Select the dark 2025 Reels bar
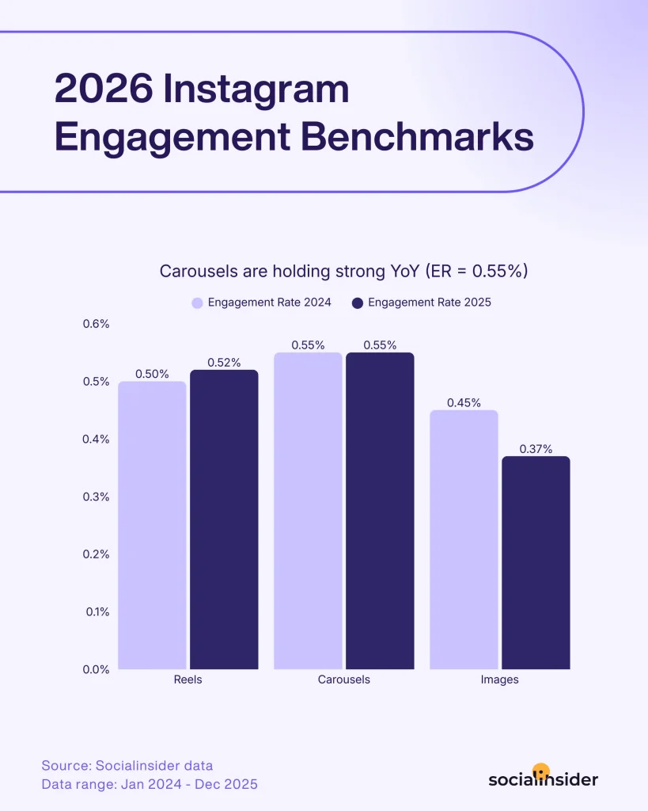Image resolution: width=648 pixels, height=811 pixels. coord(224,520)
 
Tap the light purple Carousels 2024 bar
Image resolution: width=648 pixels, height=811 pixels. coord(308,511)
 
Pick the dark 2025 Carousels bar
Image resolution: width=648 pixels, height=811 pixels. coord(380,511)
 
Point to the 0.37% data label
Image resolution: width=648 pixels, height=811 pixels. coord(536,449)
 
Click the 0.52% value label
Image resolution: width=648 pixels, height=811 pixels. coord(224,363)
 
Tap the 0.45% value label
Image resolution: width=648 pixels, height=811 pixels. coord(464,403)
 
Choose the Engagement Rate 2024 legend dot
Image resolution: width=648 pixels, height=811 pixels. coord(197,303)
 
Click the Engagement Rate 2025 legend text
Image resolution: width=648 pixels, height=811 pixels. coord(430,303)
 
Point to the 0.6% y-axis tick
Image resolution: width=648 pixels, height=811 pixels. coord(96,324)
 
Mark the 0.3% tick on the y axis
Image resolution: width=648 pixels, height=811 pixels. coord(96,497)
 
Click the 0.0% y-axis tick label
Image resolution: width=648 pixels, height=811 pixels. coord(96,669)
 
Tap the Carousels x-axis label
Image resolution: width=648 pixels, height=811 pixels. coord(343,680)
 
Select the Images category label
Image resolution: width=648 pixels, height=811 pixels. coord(499,680)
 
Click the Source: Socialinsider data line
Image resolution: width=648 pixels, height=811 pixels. coord(127,766)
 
